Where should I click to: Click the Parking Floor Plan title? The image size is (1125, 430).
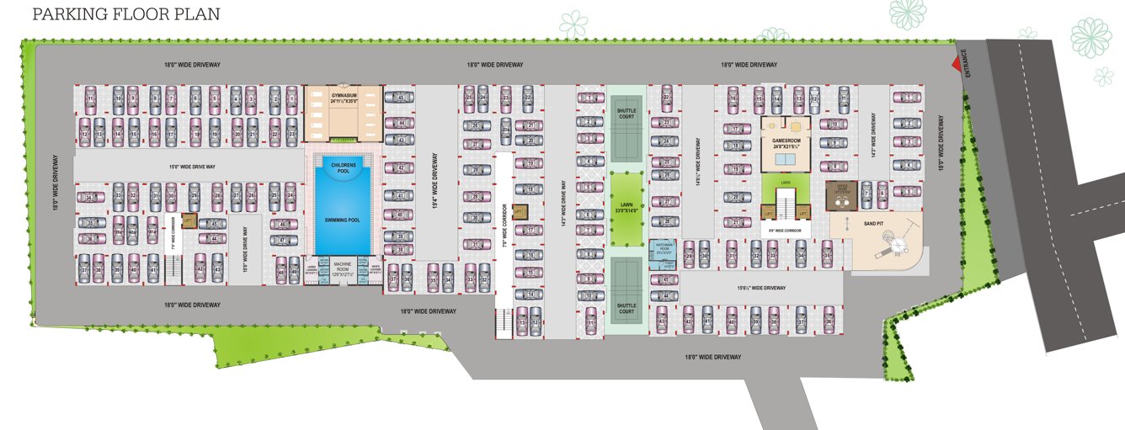click(x=126, y=14)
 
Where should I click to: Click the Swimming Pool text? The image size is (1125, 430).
click(x=343, y=220)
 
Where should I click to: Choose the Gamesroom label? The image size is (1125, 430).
click(x=790, y=144)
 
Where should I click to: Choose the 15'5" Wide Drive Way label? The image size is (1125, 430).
click(x=244, y=248)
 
